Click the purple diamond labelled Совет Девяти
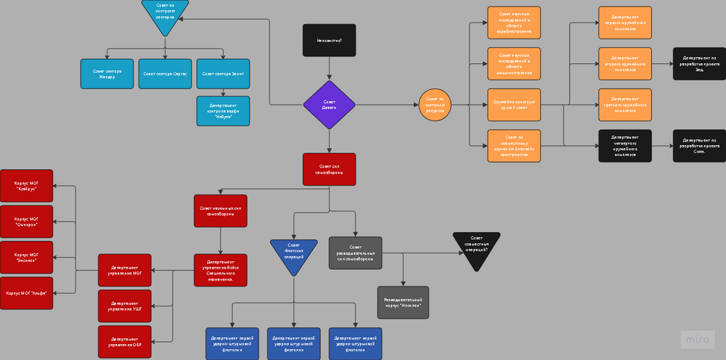point(329,105)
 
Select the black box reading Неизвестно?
point(329,40)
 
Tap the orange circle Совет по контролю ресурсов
point(436,105)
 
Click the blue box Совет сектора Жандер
point(107,73)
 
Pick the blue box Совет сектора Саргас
point(165,73)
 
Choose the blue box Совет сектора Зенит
point(223,73)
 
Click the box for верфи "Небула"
point(223,111)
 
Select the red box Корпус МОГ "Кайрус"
point(27,186)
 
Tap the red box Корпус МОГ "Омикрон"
point(27,221)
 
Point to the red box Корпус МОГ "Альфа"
point(27,292)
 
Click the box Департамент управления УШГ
point(124,306)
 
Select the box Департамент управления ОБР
point(124,342)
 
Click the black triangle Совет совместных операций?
point(476,247)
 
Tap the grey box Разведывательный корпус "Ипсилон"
point(403,302)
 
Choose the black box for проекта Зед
point(699,64)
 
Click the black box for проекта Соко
point(699,145)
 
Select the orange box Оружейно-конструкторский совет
point(514,105)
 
